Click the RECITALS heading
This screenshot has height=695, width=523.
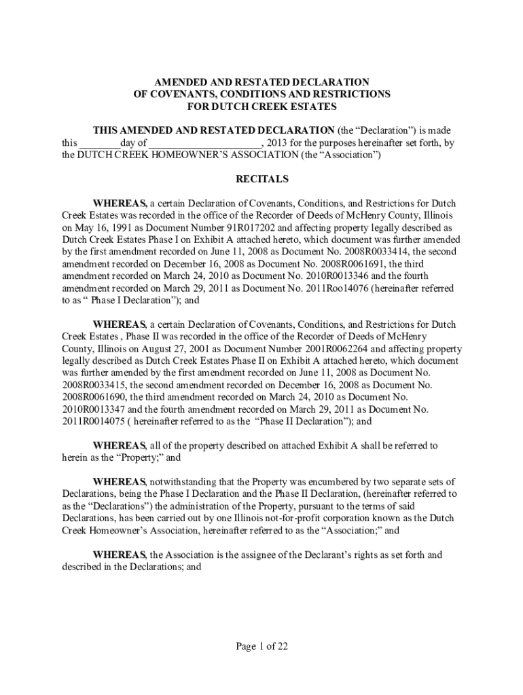[261, 179]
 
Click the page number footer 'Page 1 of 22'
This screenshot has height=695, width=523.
[261, 646]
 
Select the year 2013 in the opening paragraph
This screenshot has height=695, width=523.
[276, 143]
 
